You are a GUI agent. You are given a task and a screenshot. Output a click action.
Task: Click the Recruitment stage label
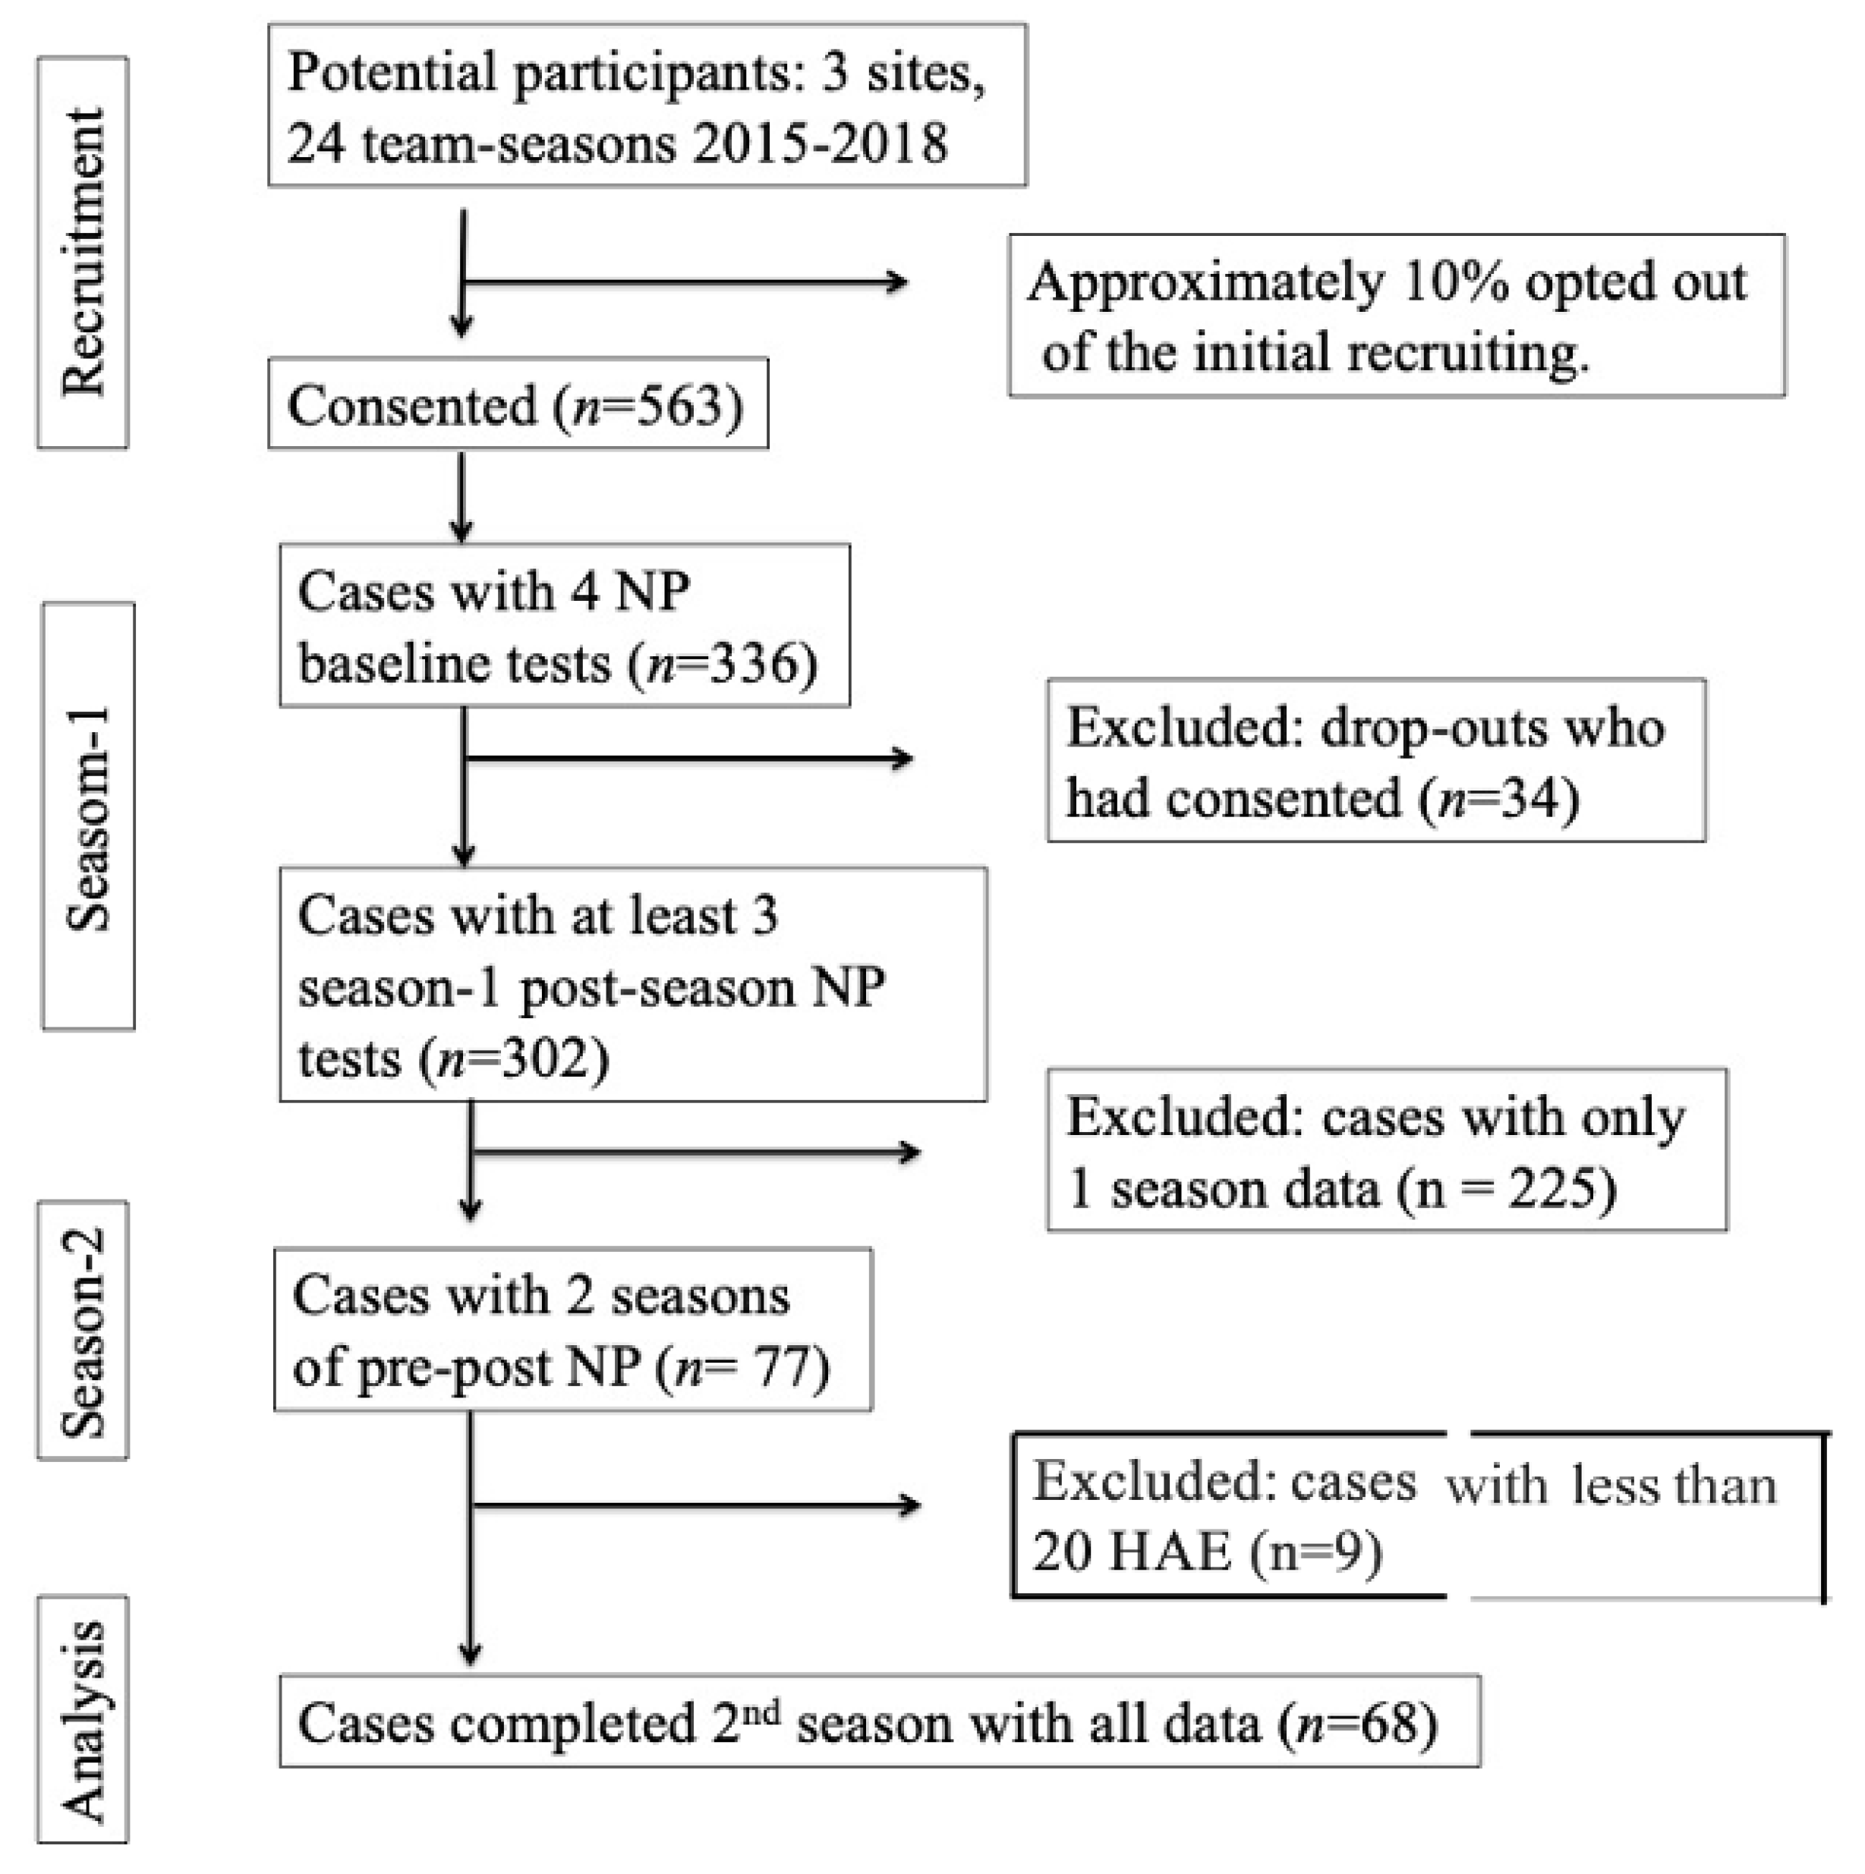tap(83, 252)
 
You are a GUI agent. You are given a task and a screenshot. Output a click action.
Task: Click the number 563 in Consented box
tap(679, 405)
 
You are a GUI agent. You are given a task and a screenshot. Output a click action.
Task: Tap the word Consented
tap(412, 405)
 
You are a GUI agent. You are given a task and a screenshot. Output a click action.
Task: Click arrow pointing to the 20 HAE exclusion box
tap(694, 1505)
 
